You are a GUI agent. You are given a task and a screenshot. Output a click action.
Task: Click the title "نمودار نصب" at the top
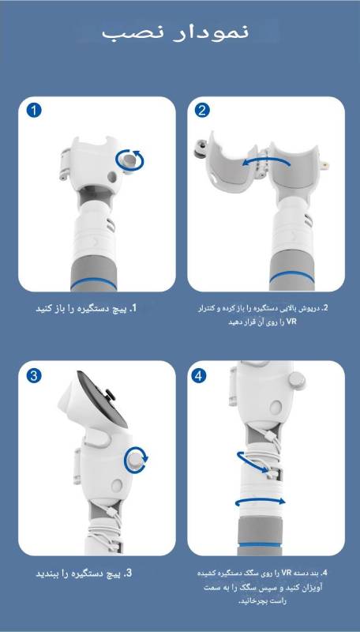(175, 32)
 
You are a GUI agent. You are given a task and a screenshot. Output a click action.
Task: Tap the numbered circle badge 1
(34, 111)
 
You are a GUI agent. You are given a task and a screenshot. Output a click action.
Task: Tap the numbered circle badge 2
(202, 111)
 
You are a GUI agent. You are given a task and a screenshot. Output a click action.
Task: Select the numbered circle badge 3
(34, 375)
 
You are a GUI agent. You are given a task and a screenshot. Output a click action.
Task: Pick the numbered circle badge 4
(197, 376)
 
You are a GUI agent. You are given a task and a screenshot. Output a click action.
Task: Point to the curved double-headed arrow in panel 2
(266, 162)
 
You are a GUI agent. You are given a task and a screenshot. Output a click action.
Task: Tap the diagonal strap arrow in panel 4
(252, 462)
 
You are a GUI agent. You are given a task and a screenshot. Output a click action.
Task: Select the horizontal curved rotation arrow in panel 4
(261, 500)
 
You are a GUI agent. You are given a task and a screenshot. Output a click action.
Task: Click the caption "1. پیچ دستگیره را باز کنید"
(87, 309)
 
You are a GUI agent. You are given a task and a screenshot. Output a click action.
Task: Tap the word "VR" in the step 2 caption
(291, 322)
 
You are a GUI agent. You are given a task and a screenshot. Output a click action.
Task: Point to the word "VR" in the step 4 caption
(287, 572)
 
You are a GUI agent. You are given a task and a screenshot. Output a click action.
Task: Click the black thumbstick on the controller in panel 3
(109, 393)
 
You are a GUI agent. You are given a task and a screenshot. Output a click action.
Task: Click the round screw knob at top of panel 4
(297, 381)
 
